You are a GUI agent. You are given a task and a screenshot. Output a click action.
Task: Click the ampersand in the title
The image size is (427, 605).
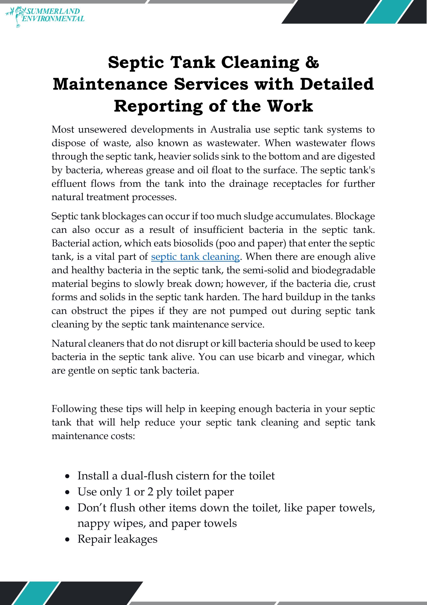(x=312, y=62)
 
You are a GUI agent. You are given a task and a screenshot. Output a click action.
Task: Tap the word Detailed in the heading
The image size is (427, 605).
(x=337, y=84)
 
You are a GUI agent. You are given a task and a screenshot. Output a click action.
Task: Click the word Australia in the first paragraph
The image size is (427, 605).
(x=230, y=129)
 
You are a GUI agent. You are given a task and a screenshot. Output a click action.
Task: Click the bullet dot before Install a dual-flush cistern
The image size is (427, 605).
(x=68, y=476)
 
